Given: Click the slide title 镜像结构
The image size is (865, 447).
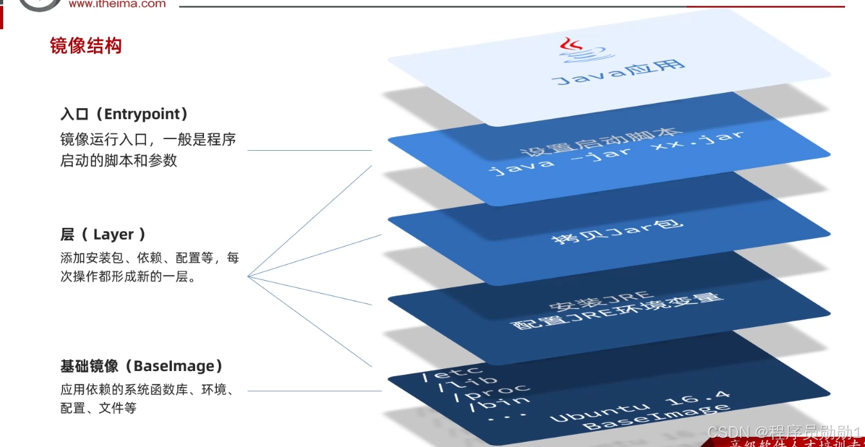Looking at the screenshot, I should tap(86, 46).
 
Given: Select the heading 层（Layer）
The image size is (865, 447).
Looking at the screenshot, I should tap(103, 234).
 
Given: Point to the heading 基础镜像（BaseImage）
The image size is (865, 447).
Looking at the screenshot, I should tap(142, 366).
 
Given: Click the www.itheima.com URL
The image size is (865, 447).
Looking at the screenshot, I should tap(116, 4).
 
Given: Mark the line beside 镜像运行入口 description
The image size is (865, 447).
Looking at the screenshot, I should tap(310, 150).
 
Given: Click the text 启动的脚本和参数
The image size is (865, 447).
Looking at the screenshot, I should tap(118, 160).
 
